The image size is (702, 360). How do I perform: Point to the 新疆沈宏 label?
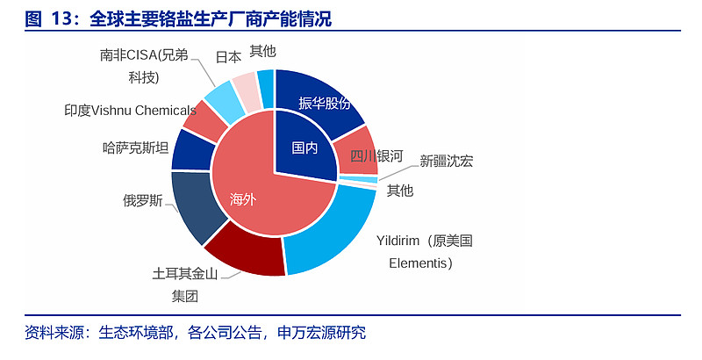pos(446,161)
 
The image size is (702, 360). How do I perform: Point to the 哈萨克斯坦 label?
pos(135,148)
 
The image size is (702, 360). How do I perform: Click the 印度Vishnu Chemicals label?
pos(130,111)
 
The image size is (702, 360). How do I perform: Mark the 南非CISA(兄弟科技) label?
pos(143,66)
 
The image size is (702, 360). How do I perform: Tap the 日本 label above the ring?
pos(228,57)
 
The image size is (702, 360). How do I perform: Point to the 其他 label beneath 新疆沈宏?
pos(400,190)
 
